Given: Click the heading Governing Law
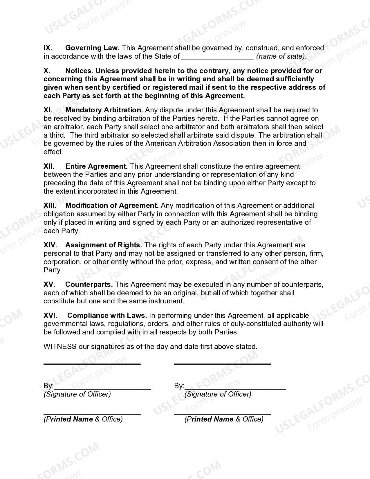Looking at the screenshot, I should click(x=92, y=48).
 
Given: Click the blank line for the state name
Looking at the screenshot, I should click(x=218, y=57).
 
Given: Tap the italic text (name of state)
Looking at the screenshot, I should click(x=281, y=56).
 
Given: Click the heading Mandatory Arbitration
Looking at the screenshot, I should click(x=104, y=110).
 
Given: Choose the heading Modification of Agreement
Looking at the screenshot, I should click(x=112, y=206).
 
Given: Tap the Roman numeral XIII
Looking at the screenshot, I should click(x=50, y=206).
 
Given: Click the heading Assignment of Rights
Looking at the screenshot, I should click(x=104, y=245).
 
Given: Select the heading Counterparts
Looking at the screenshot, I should click(x=89, y=284).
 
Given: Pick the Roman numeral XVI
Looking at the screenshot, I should click(x=50, y=316).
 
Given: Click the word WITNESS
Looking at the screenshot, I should click(x=60, y=347).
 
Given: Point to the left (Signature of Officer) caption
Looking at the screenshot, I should click(x=77, y=394).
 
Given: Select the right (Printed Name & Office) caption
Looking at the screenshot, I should click(x=224, y=419).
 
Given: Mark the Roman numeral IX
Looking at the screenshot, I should click(x=48, y=48).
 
